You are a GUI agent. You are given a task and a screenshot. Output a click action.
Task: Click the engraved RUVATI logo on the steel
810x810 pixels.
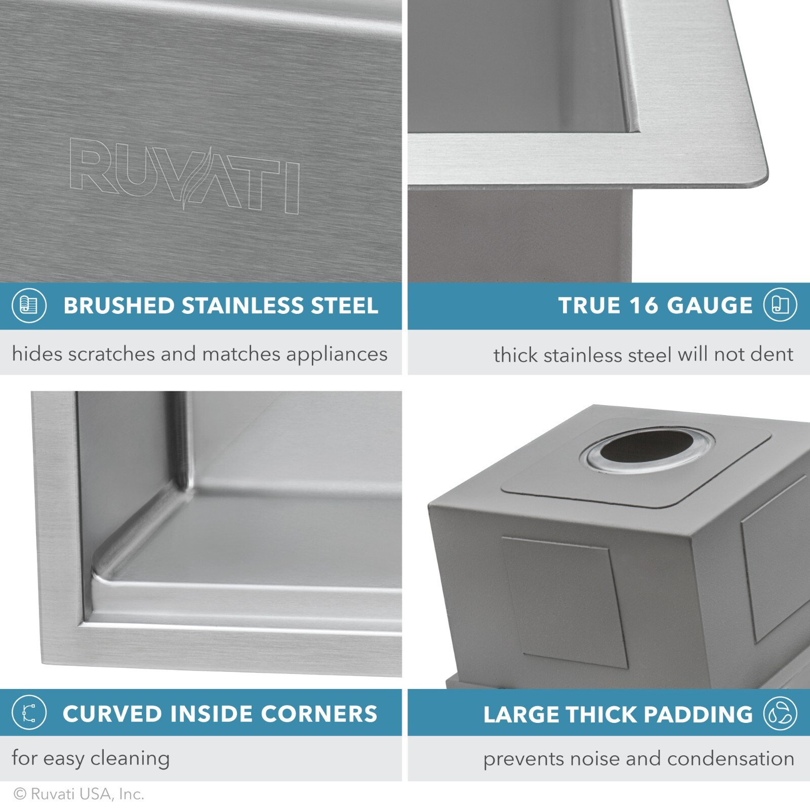185,175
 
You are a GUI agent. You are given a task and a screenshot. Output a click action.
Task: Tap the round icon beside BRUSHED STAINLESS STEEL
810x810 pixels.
29,305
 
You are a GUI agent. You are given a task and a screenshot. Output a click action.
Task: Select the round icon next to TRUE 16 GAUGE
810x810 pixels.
780,305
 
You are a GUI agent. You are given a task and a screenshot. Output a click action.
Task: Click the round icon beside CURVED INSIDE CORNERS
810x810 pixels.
29,713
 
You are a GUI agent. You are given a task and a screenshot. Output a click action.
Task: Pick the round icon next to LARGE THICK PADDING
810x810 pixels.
780,713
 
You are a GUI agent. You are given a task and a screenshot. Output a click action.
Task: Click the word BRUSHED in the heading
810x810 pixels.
118,306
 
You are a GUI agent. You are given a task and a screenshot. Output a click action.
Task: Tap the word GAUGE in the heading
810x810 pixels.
710,305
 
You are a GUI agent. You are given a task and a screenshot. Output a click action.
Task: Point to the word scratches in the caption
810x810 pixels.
111,354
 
